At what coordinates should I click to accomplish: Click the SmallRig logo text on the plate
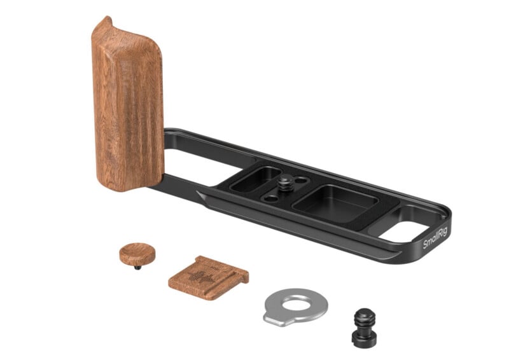(436, 235)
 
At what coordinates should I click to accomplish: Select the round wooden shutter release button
(137, 253)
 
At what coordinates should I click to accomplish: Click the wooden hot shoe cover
(207, 277)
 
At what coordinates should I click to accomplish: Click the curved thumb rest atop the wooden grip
(105, 25)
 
